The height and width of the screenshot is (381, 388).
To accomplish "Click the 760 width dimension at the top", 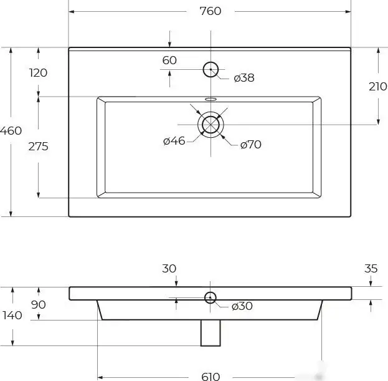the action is tap(211, 11).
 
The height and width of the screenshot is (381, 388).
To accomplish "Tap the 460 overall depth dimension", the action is tap(11, 131).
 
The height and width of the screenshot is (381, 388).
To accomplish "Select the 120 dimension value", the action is tap(38, 73).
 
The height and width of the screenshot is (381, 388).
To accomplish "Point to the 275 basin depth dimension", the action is tap(38, 147).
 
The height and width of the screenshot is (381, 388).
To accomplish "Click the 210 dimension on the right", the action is tap(378, 87).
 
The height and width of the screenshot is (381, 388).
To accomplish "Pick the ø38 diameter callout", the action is tap(244, 78).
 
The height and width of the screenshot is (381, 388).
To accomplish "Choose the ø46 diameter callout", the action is tap(174, 141).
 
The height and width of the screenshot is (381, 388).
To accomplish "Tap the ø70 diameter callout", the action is tap(250, 145).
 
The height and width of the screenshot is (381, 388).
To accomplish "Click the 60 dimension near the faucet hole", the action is tap(169, 60).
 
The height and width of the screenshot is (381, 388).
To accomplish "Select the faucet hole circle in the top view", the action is tap(211, 62).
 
